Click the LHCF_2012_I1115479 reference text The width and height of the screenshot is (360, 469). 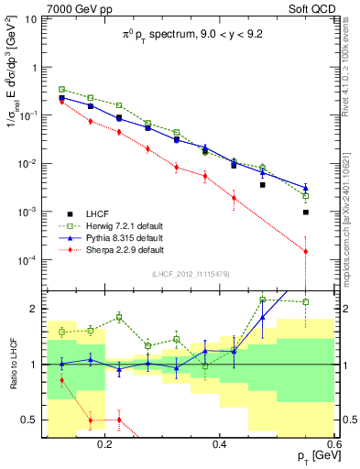tap(197, 274)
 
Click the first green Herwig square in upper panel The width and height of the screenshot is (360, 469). tap(61, 89)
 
